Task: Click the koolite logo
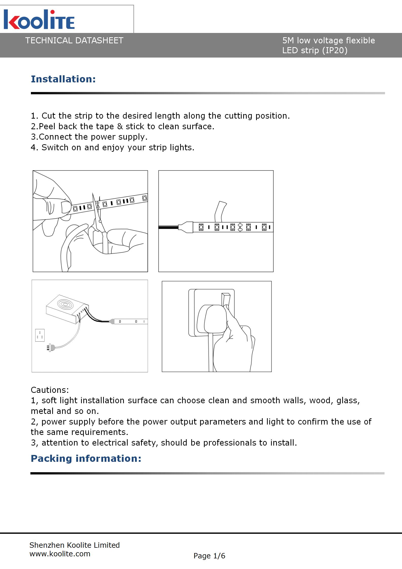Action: [x=39, y=20]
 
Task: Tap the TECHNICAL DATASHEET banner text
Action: [x=74, y=41]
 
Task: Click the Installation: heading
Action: [x=63, y=79]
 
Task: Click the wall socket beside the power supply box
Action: [x=40, y=335]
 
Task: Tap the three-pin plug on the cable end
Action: [x=50, y=347]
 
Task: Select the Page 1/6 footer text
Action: [x=209, y=556]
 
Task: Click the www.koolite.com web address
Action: [x=60, y=554]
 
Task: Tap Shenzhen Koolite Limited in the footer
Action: [x=74, y=545]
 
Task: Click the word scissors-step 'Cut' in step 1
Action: [x=48, y=116]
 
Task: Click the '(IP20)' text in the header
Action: [x=335, y=50]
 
